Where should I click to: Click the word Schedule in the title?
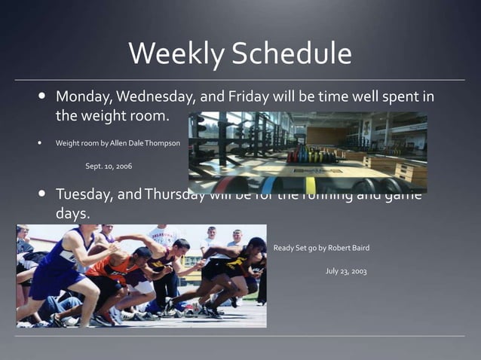point(292,53)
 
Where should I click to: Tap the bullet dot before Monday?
point(41,97)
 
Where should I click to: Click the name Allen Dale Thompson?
point(146,142)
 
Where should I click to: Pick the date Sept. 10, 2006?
point(109,165)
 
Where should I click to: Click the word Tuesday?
point(84,194)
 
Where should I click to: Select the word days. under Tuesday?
point(73,214)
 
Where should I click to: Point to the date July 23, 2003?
point(346,270)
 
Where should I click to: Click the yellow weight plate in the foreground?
point(311,185)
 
